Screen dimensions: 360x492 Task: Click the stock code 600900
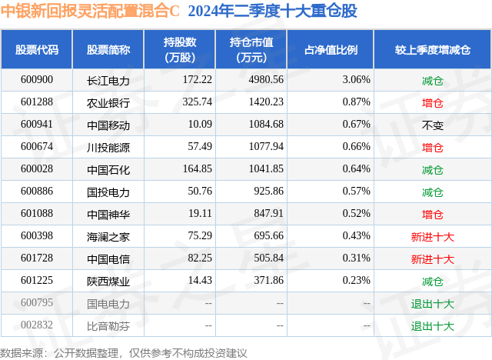click(x=38, y=79)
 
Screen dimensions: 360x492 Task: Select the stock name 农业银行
click(x=108, y=102)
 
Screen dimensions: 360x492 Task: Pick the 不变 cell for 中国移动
click(x=433, y=125)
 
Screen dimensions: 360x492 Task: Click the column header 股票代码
click(x=37, y=50)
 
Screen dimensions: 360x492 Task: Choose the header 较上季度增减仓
click(x=433, y=50)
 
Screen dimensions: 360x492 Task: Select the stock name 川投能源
click(x=108, y=147)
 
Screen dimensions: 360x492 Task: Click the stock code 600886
click(x=38, y=192)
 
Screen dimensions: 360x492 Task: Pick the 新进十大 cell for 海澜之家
click(x=432, y=237)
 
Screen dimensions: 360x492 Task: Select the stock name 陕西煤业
click(x=108, y=282)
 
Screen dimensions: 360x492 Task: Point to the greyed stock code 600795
click(x=38, y=304)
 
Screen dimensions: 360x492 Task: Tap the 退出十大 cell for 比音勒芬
click(x=432, y=326)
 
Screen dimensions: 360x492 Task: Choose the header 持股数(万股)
click(x=179, y=50)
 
